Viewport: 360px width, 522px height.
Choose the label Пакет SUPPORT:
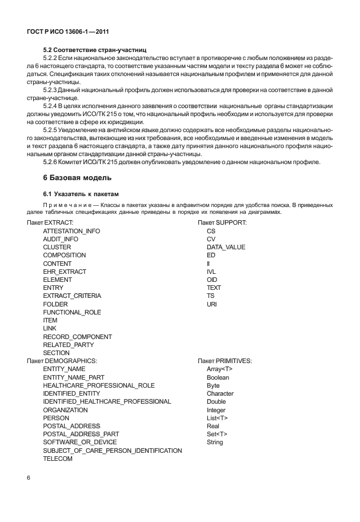(x=222, y=222)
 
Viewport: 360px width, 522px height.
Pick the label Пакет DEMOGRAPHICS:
(x=62, y=361)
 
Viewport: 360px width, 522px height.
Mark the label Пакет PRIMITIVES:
(x=225, y=361)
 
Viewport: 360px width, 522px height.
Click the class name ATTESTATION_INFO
(x=71, y=230)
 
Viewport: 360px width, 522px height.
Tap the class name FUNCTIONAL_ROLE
(x=72, y=312)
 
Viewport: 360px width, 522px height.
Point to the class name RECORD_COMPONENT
(x=77, y=337)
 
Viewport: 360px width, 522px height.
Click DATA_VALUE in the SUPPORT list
(x=226, y=247)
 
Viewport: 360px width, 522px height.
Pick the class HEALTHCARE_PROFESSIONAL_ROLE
(x=99, y=386)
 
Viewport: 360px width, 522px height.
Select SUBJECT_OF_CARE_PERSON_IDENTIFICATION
(x=113, y=451)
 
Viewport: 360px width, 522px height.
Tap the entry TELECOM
(x=58, y=459)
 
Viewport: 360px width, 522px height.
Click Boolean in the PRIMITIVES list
(x=218, y=377)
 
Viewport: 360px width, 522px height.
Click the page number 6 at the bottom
(x=29, y=477)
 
